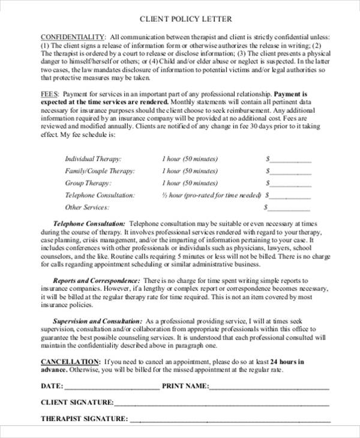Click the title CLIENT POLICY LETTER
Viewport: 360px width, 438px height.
[185, 19]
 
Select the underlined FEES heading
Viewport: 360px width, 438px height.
[50, 94]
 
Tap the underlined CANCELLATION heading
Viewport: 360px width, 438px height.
[70, 362]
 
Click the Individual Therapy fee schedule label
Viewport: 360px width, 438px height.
[93, 159]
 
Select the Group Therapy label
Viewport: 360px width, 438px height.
[88, 183]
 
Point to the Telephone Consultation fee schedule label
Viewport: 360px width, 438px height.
[100, 195]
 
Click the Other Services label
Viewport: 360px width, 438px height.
[87, 207]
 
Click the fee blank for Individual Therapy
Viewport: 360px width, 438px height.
[290, 160]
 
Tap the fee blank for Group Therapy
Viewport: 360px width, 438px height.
[290, 184]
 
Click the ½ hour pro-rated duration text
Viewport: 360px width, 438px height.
[211, 195]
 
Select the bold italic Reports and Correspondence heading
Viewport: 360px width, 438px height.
[97, 280]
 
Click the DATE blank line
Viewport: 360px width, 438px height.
[112, 386]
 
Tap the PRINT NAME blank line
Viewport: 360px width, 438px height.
[269, 386]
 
